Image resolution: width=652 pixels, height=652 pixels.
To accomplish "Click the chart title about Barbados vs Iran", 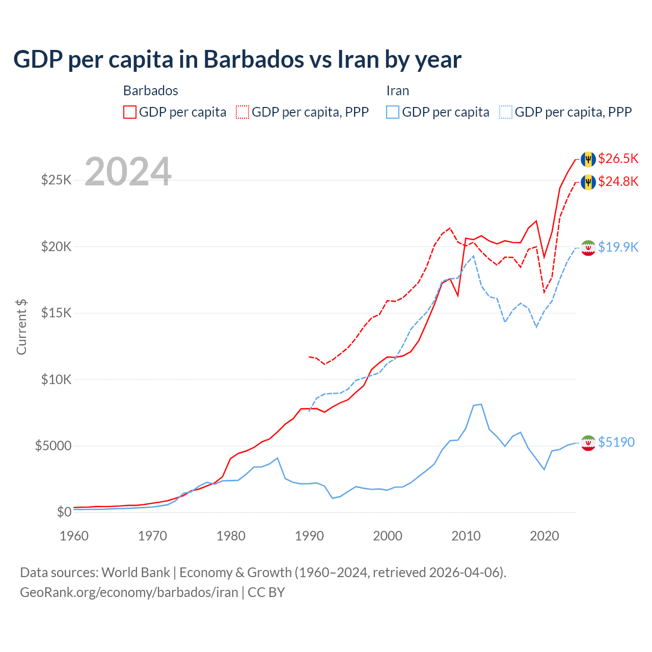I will (x=237, y=60).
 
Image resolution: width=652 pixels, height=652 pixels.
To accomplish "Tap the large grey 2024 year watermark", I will (x=128, y=172).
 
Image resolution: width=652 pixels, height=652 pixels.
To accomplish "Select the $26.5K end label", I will (x=618, y=158).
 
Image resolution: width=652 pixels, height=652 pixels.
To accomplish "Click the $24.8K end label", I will (x=618, y=181).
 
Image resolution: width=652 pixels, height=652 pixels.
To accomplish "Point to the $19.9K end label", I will (x=618, y=247).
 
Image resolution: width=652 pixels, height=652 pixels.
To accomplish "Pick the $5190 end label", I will (x=616, y=442).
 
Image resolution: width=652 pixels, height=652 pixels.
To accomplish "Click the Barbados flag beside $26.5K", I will (x=588, y=159).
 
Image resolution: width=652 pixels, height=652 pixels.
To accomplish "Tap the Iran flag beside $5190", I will (x=588, y=443).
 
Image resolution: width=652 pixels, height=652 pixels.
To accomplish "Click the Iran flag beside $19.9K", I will (x=588, y=248).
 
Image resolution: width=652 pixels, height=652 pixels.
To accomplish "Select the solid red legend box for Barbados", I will (x=130, y=112).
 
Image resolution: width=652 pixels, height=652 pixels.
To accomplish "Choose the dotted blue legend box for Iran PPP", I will (x=506, y=112).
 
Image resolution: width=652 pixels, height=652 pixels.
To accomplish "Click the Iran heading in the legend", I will (x=397, y=91).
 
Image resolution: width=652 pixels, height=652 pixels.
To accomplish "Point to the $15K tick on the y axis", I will (x=56, y=313).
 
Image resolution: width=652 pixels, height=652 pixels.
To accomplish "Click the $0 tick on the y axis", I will (x=64, y=512).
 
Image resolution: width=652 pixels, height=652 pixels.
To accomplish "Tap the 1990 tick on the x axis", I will (x=309, y=536).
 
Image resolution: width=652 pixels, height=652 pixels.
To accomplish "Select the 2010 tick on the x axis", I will (x=466, y=536).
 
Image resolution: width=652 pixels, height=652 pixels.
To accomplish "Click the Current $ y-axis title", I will (x=21, y=327).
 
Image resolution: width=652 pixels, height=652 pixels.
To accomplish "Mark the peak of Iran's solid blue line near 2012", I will (x=481, y=404).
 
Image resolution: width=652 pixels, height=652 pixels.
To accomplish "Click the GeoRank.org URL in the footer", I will (x=129, y=592).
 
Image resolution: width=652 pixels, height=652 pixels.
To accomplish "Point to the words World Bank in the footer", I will (x=135, y=573).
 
